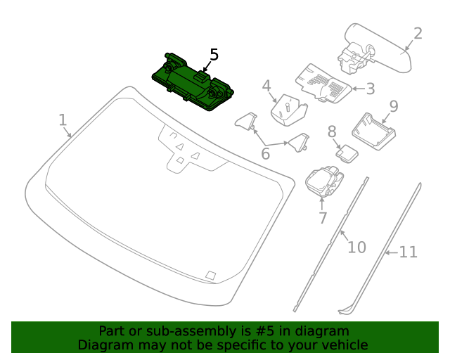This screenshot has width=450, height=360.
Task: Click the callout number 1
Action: pos(63,120)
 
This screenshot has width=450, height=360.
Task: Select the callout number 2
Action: pos(418,34)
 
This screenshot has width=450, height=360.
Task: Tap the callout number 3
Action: pos(370,89)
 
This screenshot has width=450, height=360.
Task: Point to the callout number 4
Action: pos(266,86)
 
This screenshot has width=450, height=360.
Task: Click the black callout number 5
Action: pos(214,54)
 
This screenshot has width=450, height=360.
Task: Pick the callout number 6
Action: pos(266,153)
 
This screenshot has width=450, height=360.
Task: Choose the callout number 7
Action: pos(323,218)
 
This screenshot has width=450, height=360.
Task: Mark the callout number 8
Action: pos(332,131)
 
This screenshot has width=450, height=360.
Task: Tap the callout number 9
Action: pos(394,105)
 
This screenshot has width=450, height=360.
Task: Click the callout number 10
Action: pos(357,247)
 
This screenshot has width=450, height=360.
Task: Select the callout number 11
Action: pos(409,252)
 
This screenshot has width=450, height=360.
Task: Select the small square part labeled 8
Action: pos(346,153)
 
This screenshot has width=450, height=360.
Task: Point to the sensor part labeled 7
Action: pos(324,181)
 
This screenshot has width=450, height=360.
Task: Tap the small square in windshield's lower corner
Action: pos(210,275)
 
